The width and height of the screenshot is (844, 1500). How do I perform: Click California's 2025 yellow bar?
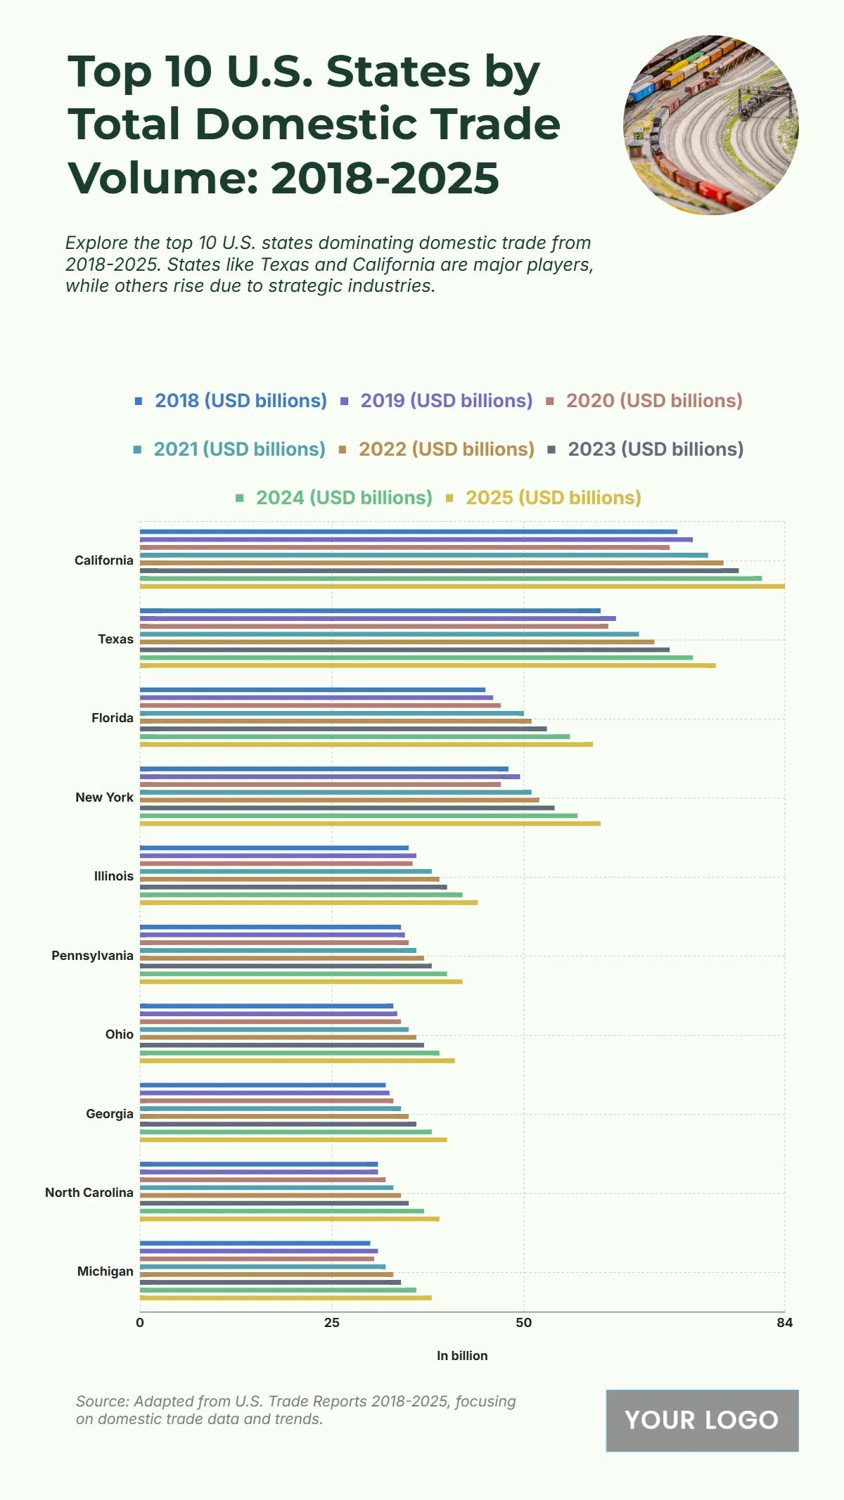tap(462, 586)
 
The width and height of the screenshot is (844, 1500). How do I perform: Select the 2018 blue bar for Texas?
tap(370, 610)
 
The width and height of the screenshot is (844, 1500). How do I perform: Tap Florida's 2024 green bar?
tap(354, 736)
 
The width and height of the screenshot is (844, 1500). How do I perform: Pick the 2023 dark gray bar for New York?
tap(347, 807)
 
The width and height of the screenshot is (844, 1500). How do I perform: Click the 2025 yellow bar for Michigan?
tap(286, 1297)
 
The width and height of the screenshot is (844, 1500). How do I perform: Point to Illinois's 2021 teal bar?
tap(286, 871)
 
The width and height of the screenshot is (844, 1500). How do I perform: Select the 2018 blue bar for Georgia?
tap(262, 1085)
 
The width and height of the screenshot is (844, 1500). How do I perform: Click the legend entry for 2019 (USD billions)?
tap(446, 401)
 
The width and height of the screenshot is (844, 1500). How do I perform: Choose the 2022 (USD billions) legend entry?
tap(446, 449)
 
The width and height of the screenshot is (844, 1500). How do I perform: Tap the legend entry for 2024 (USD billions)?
tap(343, 498)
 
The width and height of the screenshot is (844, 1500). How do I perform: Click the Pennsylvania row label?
tap(92, 956)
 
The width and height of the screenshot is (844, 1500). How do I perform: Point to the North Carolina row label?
tap(89, 1193)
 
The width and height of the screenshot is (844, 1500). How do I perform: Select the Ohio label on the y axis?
tap(120, 1034)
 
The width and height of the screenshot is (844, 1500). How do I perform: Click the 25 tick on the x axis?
tap(331, 1323)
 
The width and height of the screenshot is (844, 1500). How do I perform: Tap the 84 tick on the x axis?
tap(784, 1323)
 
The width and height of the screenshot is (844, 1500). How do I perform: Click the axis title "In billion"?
tap(462, 1356)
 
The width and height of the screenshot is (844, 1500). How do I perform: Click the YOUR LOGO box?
tap(702, 1420)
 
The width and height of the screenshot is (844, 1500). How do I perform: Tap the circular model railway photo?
tap(711, 125)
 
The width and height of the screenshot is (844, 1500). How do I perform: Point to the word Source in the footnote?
tap(101, 1402)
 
